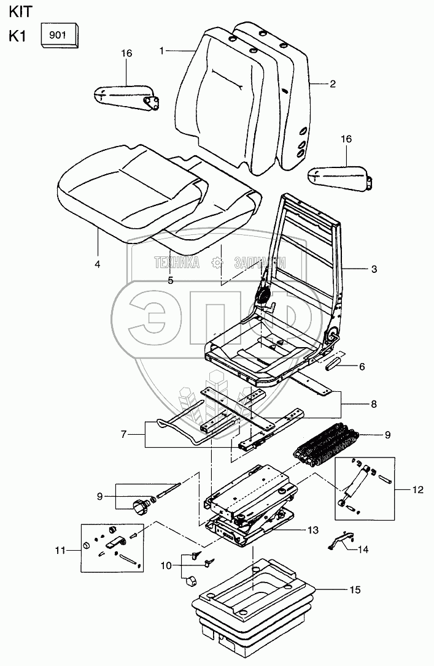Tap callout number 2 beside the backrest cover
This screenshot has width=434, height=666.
[x=332, y=84]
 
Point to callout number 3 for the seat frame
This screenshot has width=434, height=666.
[x=374, y=269]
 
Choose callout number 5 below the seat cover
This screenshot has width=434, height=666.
[x=171, y=280]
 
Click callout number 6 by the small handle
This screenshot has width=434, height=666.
[x=361, y=367]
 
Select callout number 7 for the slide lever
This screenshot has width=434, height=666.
[x=123, y=434]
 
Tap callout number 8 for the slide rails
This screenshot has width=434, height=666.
[x=373, y=404]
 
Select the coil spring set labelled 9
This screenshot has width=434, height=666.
[x=325, y=445]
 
